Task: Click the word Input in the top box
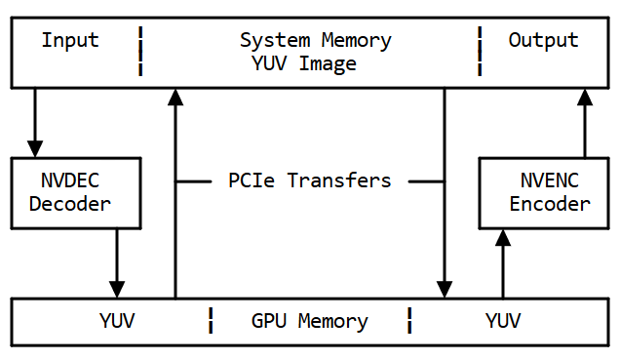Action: click(x=70, y=41)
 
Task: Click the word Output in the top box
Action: click(x=543, y=41)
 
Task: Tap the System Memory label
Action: click(x=315, y=41)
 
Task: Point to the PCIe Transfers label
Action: click(x=309, y=180)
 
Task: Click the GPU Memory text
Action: click(x=309, y=321)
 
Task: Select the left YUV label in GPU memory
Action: click(x=117, y=321)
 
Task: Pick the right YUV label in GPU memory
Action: click(x=503, y=321)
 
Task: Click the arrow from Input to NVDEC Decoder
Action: click(x=35, y=122)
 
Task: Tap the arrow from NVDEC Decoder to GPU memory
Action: click(x=117, y=263)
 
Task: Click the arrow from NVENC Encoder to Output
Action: click(x=585, y=122)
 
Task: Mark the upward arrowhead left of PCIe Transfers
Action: click(x=175, y=96)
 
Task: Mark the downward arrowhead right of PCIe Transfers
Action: click(x=445, y=289)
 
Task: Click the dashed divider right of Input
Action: click(x=140, y=52)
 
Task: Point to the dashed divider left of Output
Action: click(x=480, y=52)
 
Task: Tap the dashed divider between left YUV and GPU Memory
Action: click(x=211, y=321)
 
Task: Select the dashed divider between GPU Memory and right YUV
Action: click(x=409, y=321)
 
